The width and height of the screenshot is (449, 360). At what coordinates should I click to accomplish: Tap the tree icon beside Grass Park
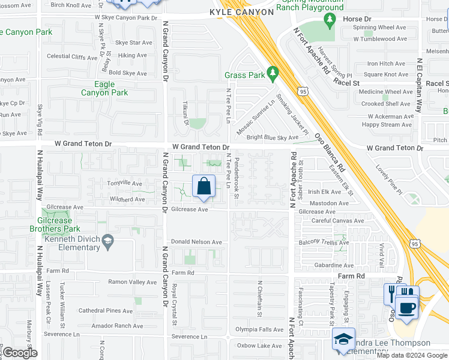[x=273, y=74]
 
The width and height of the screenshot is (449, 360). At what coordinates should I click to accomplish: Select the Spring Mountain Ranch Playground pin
[x=329, y=20]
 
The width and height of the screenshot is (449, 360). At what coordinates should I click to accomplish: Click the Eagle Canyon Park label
[x=104, y=89]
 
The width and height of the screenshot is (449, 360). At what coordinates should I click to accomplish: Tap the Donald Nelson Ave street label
[x=196, y=242]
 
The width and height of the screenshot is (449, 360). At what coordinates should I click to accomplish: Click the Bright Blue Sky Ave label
[x=272, y=137]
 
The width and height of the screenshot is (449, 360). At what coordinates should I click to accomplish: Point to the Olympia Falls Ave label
[x=259, y=329]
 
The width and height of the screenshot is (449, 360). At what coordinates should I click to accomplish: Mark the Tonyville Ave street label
[x=124, y=184]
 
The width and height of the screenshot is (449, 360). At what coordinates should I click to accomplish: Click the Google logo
[x=20, y=353]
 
